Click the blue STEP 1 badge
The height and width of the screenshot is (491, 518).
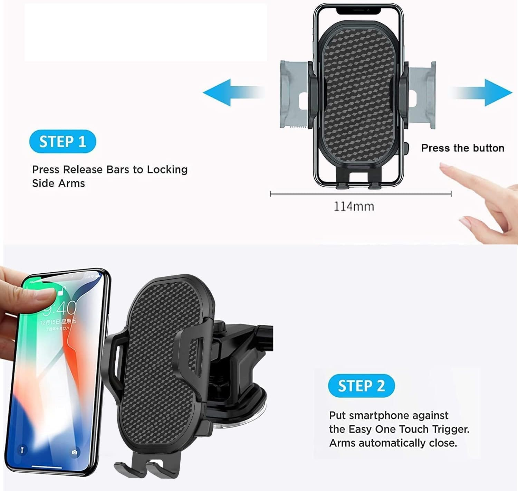coord(63,142)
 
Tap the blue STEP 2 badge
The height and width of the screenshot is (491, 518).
coord(361,386)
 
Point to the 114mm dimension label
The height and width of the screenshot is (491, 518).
coord(354,207)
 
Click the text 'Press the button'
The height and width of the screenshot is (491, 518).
coord(462,148)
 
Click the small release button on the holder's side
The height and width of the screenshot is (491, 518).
coord(406,149)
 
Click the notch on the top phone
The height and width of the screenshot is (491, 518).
coord(358,11)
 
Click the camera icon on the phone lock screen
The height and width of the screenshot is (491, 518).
coord(75,452)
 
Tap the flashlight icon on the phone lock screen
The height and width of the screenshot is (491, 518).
coord(22,450)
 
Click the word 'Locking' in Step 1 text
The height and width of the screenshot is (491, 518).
coord(167,170)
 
